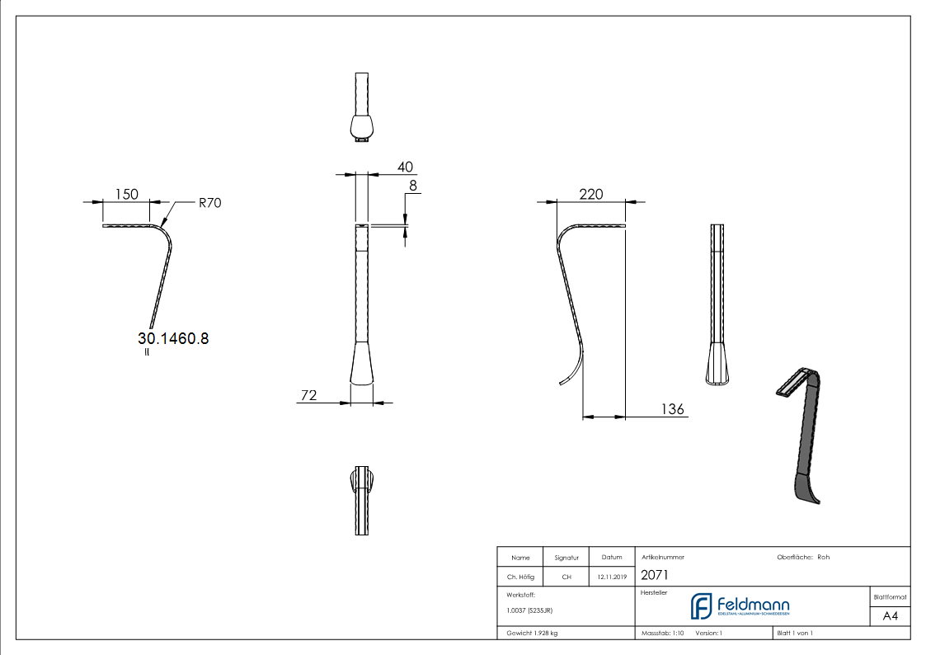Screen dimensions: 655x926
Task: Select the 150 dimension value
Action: click(126, 195)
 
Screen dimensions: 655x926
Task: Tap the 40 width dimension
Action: click(405, 167)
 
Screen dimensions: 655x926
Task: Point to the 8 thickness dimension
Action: click(413, 186)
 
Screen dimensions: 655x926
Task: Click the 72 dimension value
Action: click(308, 396)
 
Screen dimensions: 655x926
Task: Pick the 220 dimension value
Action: click(591, 195)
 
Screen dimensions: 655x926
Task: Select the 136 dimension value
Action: click(673, 409)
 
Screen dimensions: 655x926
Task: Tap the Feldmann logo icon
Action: click(701, 606)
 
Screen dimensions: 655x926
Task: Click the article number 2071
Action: click(654, 576)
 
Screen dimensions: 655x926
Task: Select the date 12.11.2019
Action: click(611, 577)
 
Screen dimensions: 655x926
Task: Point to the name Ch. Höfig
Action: click(519, 577)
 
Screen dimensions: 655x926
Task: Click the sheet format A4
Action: click(890, 616)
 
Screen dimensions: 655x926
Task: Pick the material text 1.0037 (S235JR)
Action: click(529, 610)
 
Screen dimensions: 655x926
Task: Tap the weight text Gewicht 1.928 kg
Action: click(532, 633)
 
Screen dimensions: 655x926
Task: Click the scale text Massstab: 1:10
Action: click(663, 633)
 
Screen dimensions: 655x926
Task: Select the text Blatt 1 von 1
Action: click(795, 633)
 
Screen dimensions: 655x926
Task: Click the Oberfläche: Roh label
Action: click(803, 558)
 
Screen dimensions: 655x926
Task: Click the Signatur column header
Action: click(566, 558)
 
